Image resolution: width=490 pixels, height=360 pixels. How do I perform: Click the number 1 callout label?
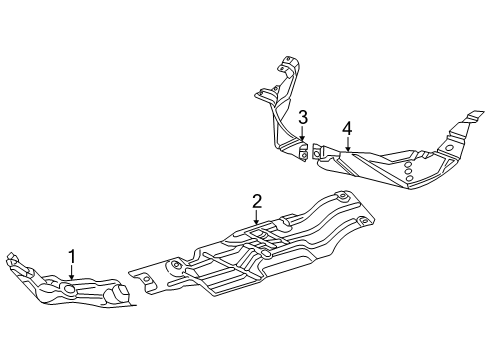coord(72,257)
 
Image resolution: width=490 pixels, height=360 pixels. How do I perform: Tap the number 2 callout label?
coord(257,202)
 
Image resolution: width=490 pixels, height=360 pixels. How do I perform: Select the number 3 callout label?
coord(301,118)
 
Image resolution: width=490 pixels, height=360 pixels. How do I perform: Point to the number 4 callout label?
coord(347,128)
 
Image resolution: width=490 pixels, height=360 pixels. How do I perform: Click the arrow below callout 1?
coord(72,277)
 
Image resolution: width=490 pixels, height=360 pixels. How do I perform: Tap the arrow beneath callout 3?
coord(301,138)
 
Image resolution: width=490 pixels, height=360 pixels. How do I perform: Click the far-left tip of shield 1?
coord(8,262)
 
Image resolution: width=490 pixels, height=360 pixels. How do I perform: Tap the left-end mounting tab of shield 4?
coord(318,152)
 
